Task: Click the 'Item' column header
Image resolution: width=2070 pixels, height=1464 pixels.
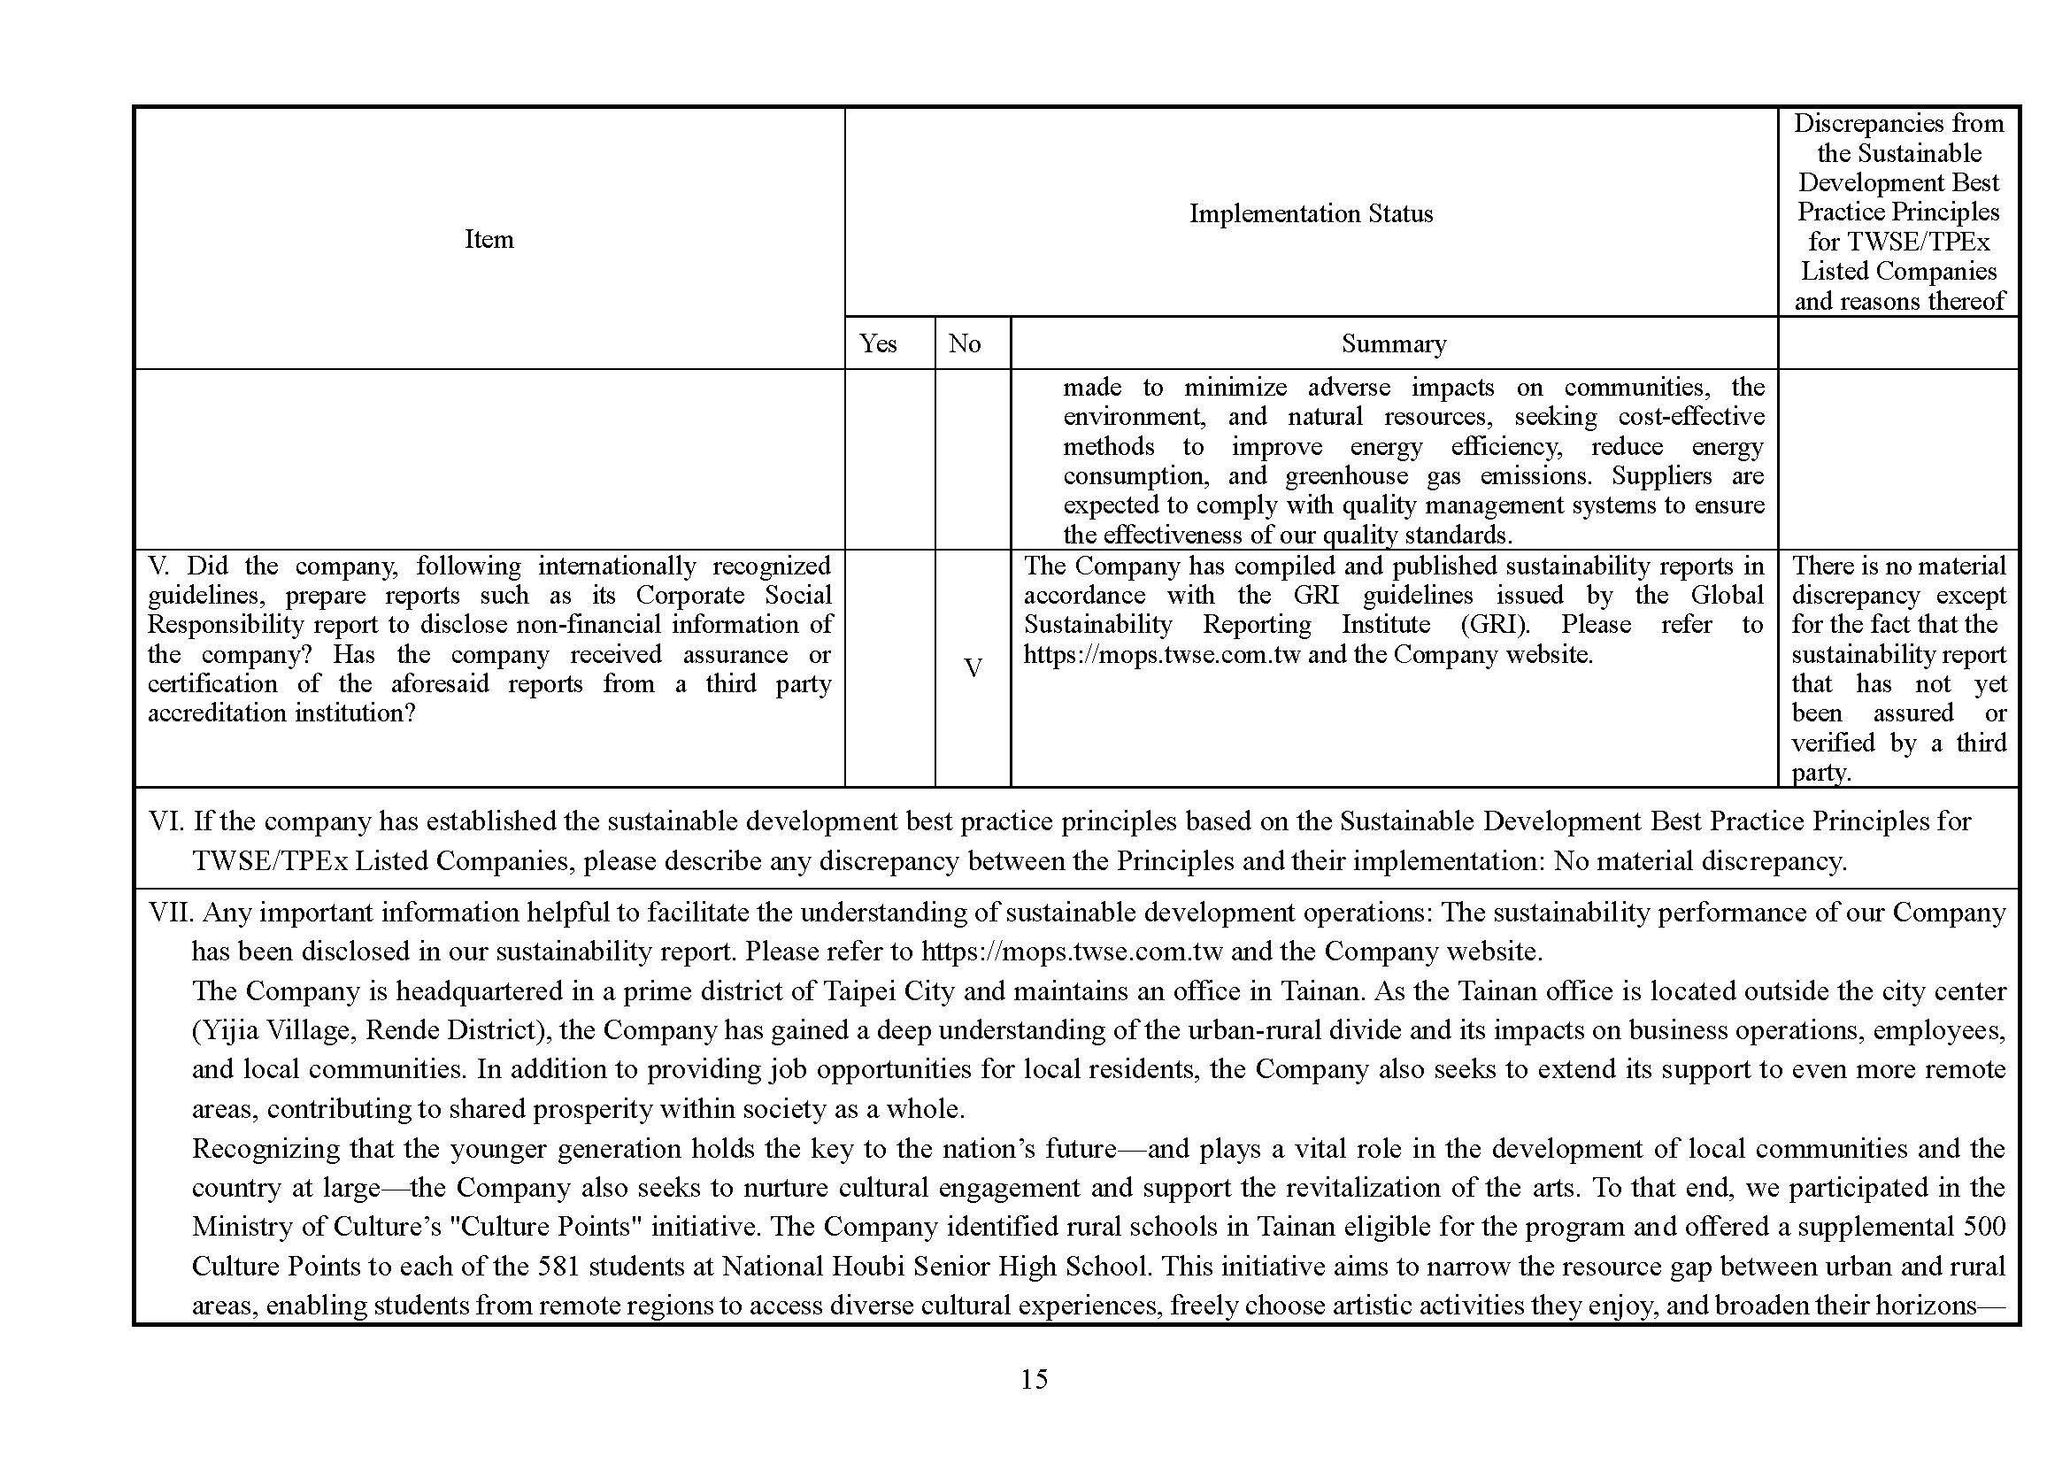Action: (x=489, y=239)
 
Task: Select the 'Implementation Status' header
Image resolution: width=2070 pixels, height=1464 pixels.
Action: (x=1310, y=213)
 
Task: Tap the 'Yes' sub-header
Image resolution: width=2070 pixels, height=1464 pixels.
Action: (x=877, y=343)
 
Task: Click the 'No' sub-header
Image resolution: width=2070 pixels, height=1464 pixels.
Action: (x=964, y=343)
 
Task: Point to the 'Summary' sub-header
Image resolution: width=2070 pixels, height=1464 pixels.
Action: (x=1393, y=343)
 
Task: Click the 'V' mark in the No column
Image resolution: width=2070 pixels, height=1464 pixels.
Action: (x=973, y=668)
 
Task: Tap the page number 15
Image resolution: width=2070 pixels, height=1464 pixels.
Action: (x=1034, y=1379)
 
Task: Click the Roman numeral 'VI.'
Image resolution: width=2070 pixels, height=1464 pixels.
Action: (x=165, y=821)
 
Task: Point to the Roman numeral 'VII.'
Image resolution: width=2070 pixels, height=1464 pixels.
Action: (x=172, y=913)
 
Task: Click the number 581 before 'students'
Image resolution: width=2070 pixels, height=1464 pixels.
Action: (x=558, y=1267)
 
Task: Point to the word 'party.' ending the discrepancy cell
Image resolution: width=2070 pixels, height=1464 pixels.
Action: (x=1821, y=773)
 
